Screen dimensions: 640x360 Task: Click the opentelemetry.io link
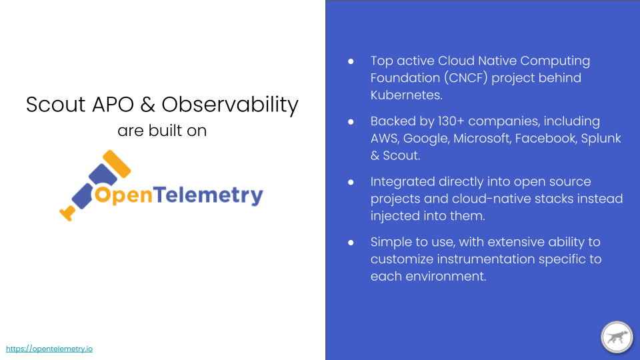(49, 349)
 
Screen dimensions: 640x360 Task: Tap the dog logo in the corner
(617, 337)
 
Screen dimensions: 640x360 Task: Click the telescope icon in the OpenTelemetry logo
(95, 185)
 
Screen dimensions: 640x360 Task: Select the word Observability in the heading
(230, 105)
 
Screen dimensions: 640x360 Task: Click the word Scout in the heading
(55, 105)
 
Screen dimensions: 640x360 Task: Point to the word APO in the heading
(113, 105)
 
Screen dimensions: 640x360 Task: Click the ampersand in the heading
(148, 105)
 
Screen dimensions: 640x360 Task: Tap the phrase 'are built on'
(162, 131)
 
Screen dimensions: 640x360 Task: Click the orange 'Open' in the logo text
(124, 195)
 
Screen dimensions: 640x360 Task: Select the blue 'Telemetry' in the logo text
(208, 195)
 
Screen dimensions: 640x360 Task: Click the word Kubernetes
(407, 95)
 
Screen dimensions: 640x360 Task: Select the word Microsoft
(482, 139)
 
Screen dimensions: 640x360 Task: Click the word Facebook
(546, 139)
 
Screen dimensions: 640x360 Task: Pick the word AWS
(385, 139)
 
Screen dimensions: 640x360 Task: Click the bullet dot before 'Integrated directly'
(351, 182)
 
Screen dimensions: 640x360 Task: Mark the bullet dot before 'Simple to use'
(351, 243)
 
